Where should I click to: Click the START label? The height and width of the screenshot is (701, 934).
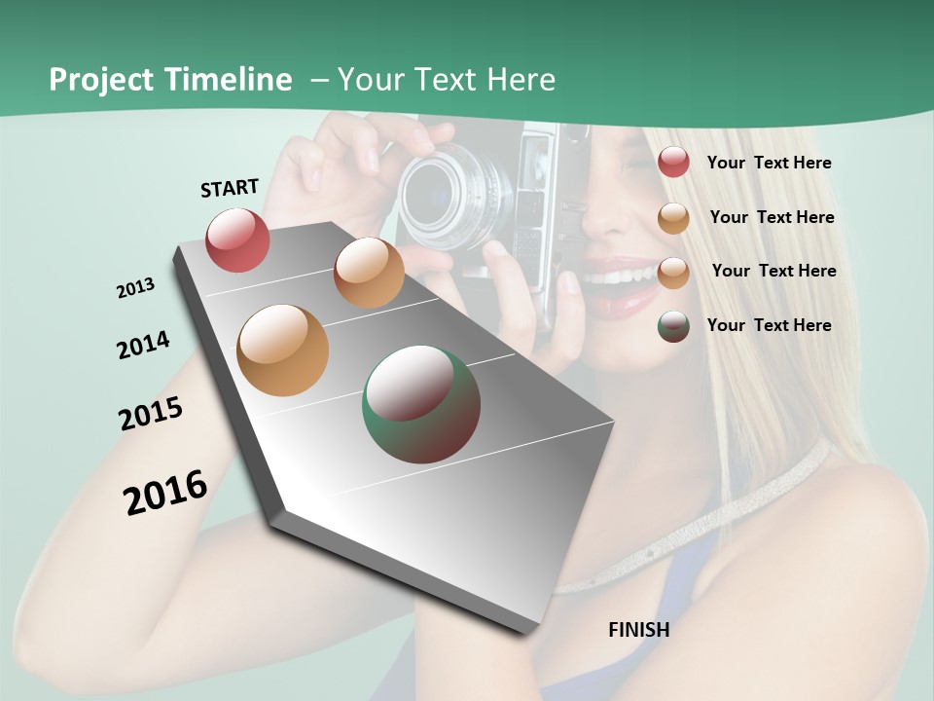tap(230, 188)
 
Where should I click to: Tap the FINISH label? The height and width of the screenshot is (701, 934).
tap(639, 630)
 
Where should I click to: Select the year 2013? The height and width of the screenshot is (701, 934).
tap(136, 288)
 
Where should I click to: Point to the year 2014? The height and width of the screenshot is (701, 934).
tap(144, 345)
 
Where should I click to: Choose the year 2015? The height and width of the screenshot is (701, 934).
tap(151, 414)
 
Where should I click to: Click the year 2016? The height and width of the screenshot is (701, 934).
tap(165, 492)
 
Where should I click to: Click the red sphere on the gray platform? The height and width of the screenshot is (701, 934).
tap(238, 240)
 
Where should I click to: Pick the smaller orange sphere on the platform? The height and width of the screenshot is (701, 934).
tap(369, 273)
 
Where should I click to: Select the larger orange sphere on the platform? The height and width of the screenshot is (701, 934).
tap(283, 350)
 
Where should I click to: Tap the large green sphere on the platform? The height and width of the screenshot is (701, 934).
tap(421, 404)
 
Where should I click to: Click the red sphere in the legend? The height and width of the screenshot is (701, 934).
tap(673, 162)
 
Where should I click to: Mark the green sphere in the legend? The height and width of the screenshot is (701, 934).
tap(673, 326)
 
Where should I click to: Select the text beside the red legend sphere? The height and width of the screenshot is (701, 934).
tap(769, 163)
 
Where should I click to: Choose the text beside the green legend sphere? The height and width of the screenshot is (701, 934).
tap(769, 325)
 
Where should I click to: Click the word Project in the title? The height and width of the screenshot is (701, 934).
tap(102, 80)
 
